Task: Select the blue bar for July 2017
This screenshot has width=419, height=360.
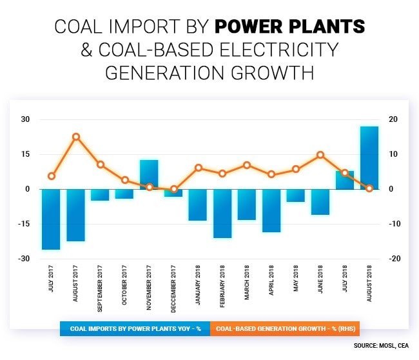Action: tap(52, 219)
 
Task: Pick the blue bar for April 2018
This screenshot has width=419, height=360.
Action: tap(271, 210)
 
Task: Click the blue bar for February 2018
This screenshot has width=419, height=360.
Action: tap(222, 214)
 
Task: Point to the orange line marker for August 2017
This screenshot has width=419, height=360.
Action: tap(76, 137)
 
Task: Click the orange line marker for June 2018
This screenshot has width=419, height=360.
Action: tap(320, 155)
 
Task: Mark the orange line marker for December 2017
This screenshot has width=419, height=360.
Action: tap(174, 189)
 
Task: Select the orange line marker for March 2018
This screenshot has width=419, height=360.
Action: tap(247, 165)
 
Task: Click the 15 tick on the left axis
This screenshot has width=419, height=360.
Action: tap(26, 154)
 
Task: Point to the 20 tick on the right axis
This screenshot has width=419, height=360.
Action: tap(393, 119)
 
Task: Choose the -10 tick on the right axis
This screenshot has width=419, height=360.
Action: tap(393, 224)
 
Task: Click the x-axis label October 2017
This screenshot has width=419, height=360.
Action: tap(125, 280)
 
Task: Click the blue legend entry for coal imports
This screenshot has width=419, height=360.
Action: tap(135, 328)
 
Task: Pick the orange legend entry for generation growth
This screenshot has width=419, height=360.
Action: tap(284, 328)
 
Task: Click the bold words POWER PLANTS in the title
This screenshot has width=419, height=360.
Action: tap(289, 26)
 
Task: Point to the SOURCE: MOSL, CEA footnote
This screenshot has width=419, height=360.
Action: tap(381, 346)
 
